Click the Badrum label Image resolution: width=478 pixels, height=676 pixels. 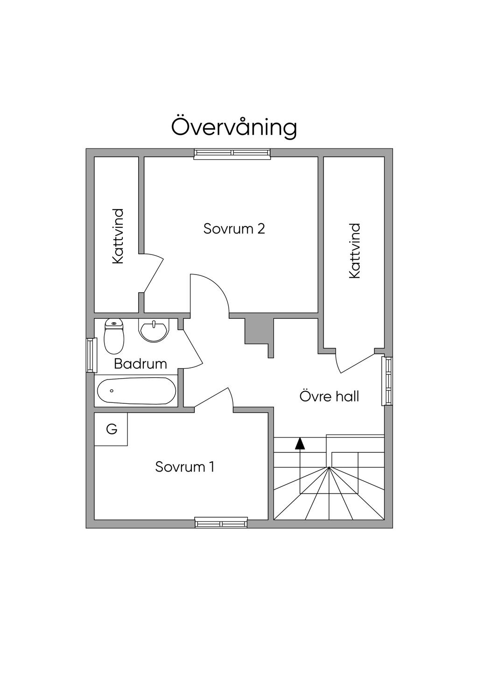click(x=141, y=364)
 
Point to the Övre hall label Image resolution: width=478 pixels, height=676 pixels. click(x=329, y=396)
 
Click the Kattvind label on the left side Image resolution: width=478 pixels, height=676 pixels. click(x=118, y=236)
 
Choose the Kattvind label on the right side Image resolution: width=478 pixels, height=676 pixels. click(x=355, y=251)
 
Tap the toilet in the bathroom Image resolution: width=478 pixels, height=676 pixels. click(x=114, y=336)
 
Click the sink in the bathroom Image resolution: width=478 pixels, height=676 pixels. click(x=154, y=331)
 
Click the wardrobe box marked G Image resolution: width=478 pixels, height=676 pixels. click(x=111, y=429)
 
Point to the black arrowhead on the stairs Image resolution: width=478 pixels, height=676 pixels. click(x=299, y=443)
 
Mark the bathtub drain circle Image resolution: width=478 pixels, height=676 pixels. click(x=112, y=391)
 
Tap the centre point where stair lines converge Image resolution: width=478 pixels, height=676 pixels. click(x=329, y=467)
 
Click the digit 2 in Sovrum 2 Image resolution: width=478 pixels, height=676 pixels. click(x=261, y=229)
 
